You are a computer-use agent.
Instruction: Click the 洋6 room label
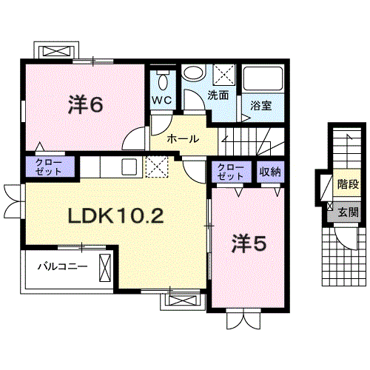[85, 105]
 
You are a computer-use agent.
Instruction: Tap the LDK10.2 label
[115, 215]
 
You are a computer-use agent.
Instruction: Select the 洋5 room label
[249, 243]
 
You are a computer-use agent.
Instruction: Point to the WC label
[162, 100]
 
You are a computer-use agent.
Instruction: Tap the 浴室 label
[261, 106]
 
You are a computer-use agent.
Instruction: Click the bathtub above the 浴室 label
[263, 78]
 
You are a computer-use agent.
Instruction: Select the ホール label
[183, 139]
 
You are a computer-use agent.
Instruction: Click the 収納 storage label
[270, 172]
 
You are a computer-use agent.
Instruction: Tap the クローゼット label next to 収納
[231, 172]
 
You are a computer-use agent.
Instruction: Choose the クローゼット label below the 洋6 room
[49, 166]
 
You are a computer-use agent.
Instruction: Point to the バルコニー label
[63, 266]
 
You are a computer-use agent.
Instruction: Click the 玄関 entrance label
[348, 212]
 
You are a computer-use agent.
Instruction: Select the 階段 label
[348, 184]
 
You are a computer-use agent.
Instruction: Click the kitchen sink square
[129, 166]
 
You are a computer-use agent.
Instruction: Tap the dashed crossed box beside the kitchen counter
[157, 166]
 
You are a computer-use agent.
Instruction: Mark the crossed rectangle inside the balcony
[105, 268]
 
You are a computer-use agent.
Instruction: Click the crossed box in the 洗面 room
[224, 75]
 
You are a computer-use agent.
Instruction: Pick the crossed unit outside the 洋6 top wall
[56, 52]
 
